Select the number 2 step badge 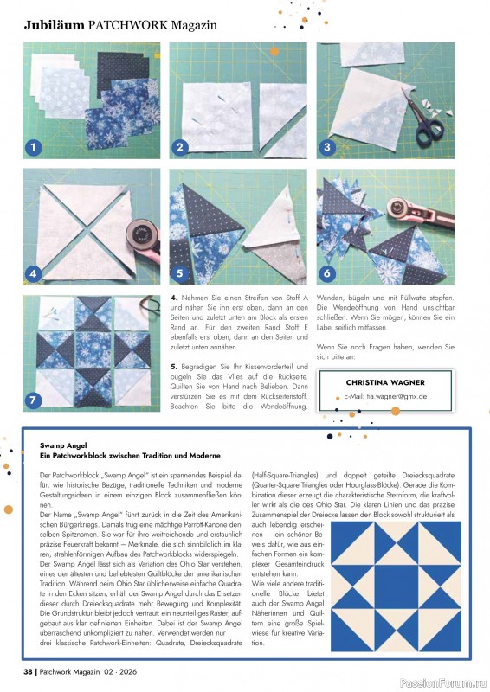(x=181, y=147)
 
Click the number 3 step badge (x=327, y=147)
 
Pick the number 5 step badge (x=181, y=275)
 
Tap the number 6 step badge (x=327, y=275)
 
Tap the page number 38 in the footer (x=28, y=671)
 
